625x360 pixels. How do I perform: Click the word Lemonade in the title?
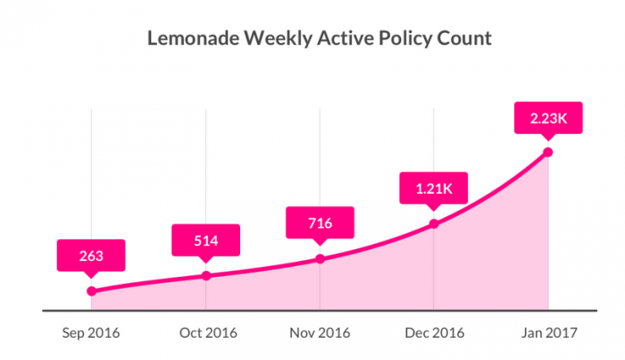pos(185,40)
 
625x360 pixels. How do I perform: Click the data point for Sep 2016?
pos(91,291)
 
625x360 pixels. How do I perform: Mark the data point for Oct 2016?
pos(206,275)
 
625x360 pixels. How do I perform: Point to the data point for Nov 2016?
pos(321,259)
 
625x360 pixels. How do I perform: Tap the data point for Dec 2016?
pos(434,223)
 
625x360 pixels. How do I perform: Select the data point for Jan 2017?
pos(547,152)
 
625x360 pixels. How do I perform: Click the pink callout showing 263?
pos(91,255)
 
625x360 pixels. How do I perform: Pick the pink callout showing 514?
pos(206,239)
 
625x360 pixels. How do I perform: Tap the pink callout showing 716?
pos(321,223)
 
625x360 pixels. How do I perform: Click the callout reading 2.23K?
pos(547,117)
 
